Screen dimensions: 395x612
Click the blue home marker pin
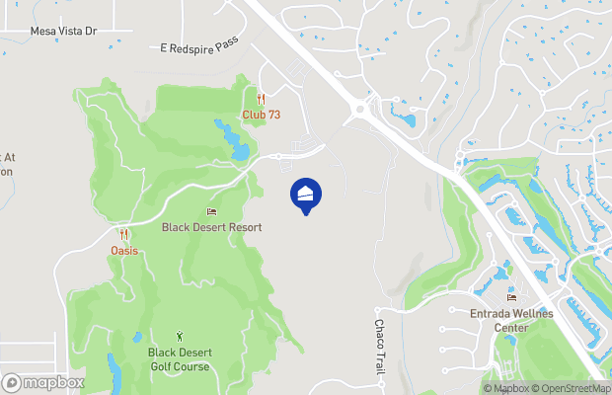pyautogui.click(x=306, y=195)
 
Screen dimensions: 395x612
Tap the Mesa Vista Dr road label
pyautogui.click(x=63, y=32)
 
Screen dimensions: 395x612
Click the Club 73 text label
pyautogui.click(x=262, y=115)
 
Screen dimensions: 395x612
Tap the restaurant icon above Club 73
pyautogui.click(x=261, y=99)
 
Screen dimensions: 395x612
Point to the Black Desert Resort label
pyautogui.click(x=212, y=227)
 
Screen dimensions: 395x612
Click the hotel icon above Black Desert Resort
pyautogui.click(x=211, y=211)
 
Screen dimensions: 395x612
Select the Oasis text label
pyautogui.click(x=124, y=250)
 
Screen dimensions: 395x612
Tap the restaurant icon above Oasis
pyautogui.click(x=124, y=235)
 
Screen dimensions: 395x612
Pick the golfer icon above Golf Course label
pyautogui.click(x=179, y=337)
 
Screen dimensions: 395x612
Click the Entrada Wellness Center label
pyautogui.click(x=511, y=321)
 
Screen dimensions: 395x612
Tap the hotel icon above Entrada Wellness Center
pyautogui.click(x=511, y=298)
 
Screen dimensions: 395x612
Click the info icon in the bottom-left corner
pyautogui.click(x=11, y=382)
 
